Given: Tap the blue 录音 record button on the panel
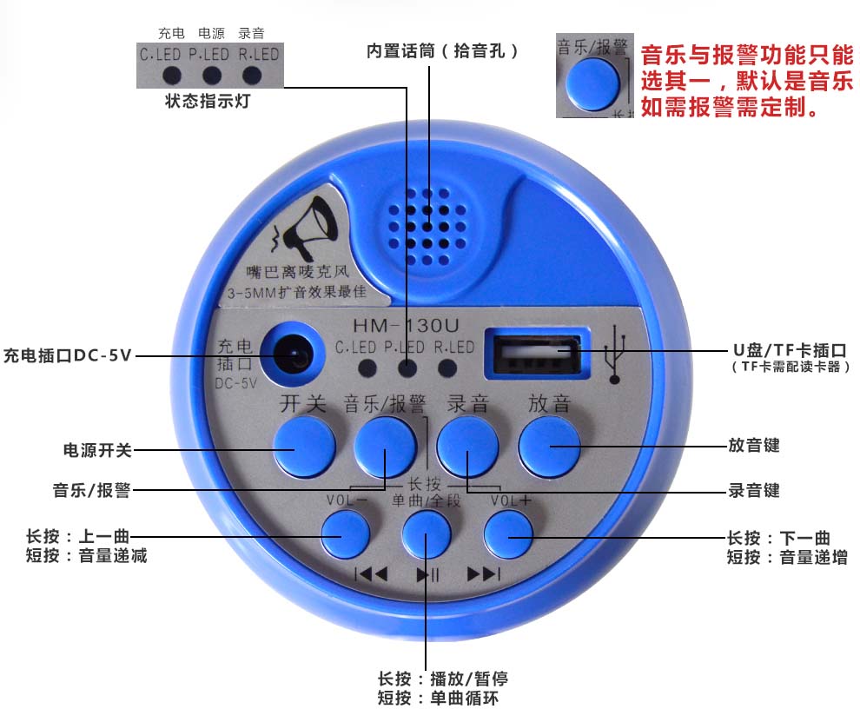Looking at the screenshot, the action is tap(467, 446).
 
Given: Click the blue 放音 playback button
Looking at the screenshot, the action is tap(549, 446).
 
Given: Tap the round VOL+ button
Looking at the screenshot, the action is tap(508, 534).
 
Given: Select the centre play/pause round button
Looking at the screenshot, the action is tap(427, 534).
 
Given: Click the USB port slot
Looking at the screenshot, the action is tap(538, 354).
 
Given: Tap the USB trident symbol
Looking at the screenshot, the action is tap(615, 354).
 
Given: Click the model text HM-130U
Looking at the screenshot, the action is tap(406, 326).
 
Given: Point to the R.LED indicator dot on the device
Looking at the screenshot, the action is tap(447, 368).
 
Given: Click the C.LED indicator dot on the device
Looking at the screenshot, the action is tap(367, 368).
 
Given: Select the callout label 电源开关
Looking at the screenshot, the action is tap(97, 451).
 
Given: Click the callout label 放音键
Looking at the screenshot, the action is tap(754, 445).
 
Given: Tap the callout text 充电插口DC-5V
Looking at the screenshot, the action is tap(68, 355).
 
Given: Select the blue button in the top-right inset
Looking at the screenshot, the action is tap(593, 84).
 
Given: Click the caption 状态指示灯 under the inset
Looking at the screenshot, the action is tap(208, 101).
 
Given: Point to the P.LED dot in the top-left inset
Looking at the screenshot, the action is tap(212, 76).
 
